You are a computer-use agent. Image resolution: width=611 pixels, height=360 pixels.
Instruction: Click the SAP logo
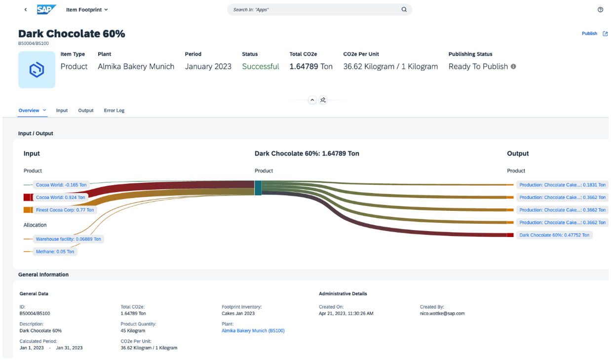click(46, 9)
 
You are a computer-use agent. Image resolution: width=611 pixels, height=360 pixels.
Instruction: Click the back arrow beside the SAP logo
click(26, 9)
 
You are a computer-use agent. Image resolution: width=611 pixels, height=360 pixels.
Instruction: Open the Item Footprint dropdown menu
click(87, 9)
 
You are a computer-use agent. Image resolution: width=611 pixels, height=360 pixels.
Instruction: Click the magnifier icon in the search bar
click(404, 9)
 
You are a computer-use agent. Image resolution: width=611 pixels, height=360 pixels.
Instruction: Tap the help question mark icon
click(600, 9)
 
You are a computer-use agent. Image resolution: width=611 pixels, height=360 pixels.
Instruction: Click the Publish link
click(589, 34)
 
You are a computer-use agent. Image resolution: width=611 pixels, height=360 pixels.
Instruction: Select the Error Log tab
click(114, 111)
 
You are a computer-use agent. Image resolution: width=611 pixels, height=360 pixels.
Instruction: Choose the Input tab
click(62, 111)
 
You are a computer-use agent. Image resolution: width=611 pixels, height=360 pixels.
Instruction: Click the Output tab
click(85, 111)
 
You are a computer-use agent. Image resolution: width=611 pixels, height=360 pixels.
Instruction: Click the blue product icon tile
click(37, 70)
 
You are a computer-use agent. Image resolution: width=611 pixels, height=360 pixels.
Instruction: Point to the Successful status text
click(260, 67)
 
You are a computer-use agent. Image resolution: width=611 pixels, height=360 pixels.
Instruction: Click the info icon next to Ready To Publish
click(513, 67)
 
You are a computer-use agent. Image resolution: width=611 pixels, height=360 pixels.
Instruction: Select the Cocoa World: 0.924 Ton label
click(60, 198)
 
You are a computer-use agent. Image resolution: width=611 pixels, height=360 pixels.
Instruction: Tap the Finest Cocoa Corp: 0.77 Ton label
click(65, 210)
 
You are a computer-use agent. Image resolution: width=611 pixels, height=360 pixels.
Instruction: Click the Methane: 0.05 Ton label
click(55, 252)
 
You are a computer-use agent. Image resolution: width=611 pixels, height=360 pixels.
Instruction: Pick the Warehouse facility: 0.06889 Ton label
click(68, 239)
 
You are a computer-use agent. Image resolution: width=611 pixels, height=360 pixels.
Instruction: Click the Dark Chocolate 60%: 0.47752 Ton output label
click(554, 235)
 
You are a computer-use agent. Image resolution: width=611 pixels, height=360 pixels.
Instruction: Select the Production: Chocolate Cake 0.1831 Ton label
click(562, 185)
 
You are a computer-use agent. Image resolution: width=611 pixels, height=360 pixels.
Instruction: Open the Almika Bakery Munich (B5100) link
click(253, 331)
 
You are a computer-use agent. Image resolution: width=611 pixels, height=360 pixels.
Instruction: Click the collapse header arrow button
click(312, 100)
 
